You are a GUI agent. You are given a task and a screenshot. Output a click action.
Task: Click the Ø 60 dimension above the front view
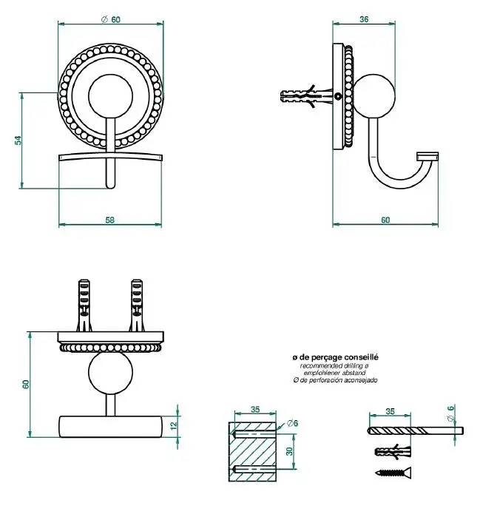[x=111, y=19]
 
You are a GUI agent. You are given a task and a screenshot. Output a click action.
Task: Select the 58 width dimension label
[x=109, y=219]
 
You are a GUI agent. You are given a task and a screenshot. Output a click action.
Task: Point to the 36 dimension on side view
[x=363, y=20]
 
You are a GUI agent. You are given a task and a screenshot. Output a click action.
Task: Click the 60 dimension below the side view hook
[x=385, y=219]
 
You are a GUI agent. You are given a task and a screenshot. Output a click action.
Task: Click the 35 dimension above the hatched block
[x=255, y=408]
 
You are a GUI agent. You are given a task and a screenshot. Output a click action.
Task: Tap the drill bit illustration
[x=414, y=430]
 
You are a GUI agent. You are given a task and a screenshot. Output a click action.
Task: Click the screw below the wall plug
[x=392, y=472]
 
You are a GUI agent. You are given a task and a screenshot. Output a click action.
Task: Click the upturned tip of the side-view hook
[x=429, y=156]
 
